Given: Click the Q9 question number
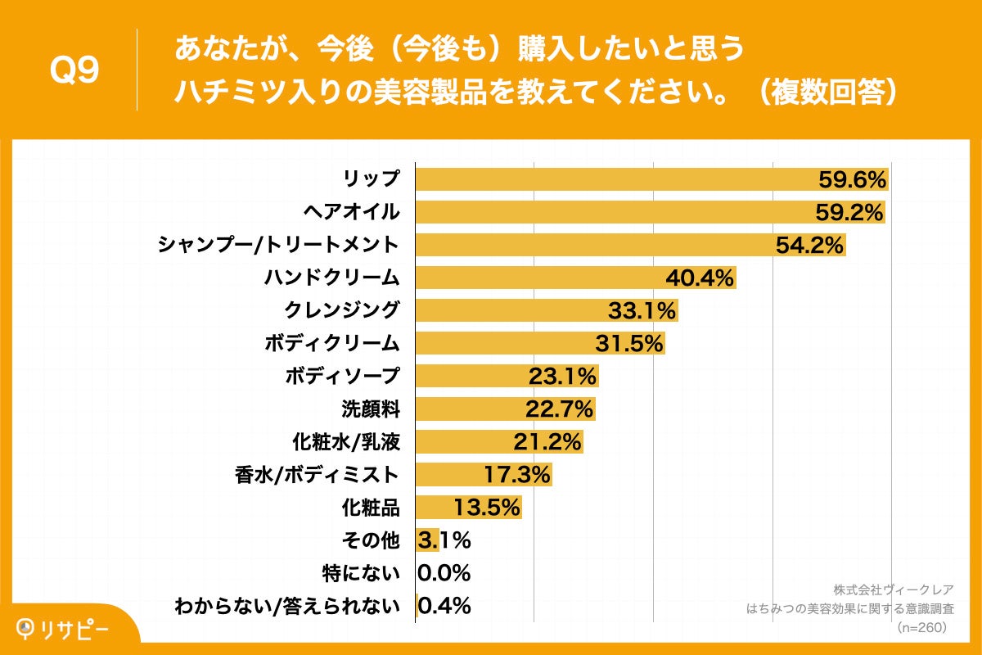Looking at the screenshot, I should click(74, 71).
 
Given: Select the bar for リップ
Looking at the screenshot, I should click(614, 179).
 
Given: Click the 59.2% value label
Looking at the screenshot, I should click(849, 213).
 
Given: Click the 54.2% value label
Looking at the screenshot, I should click(809, 246).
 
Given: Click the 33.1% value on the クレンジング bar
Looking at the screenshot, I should click(642, 311).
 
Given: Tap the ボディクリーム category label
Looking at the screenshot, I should click(331, 343).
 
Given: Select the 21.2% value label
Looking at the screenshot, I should click(547, 442).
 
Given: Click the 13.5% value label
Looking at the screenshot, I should click(487, 508).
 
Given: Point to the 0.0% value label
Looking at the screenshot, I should click(444, 572).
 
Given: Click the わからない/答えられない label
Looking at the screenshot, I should click(287, 606).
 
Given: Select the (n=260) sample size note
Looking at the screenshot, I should click(922, 627).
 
